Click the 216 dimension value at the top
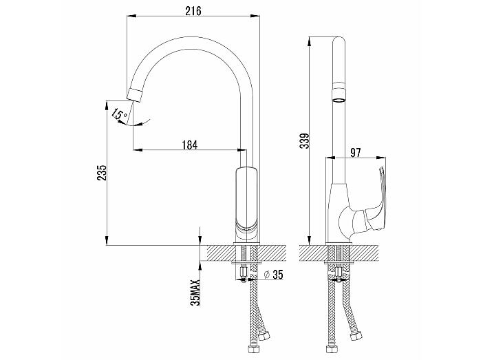193,10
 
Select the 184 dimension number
190,145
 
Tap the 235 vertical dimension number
102,173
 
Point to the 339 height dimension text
305,141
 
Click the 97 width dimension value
356,152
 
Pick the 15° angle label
120,114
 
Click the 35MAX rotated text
195,292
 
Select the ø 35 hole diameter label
274,274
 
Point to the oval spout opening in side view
339,100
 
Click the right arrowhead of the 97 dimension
381,158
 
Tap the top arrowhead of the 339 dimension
309,41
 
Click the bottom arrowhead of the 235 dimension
107,241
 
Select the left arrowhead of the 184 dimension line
138,150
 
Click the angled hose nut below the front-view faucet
264,336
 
